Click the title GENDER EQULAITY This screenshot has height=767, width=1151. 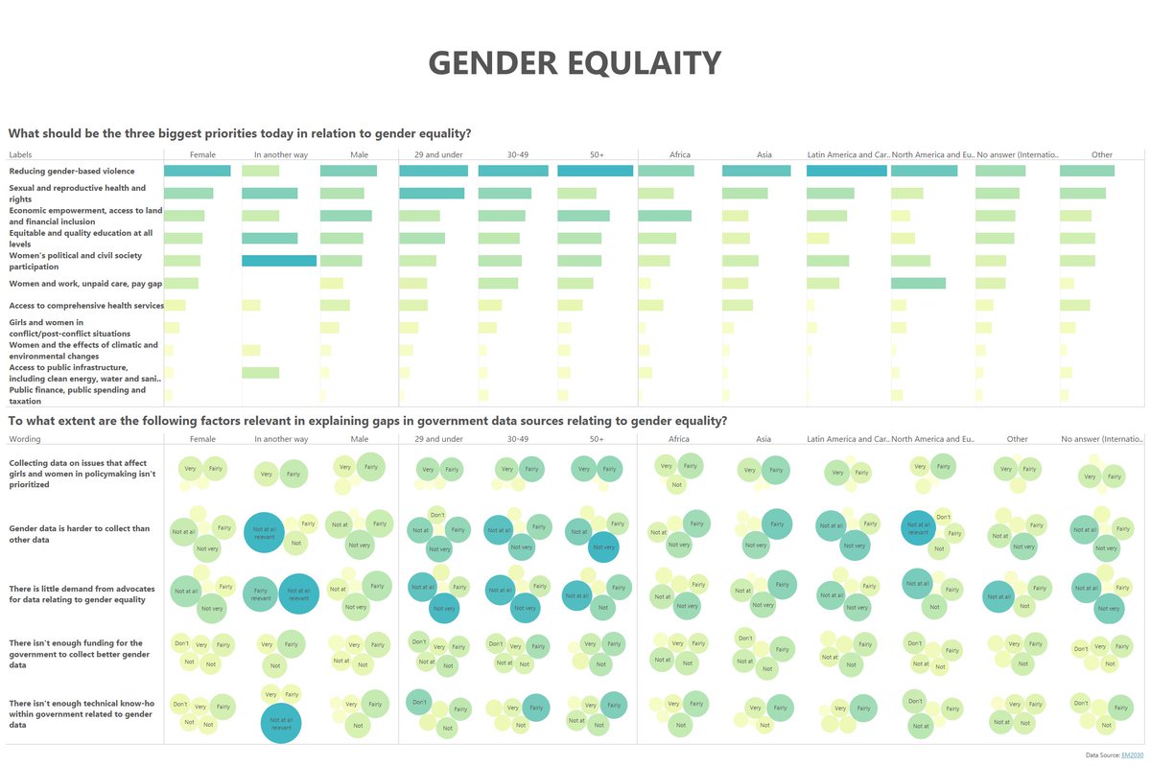click(575, 63)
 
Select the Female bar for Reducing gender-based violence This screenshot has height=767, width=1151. click(198, 171)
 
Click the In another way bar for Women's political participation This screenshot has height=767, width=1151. click(279, 261)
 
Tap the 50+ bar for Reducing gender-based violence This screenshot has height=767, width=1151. click(595, 171)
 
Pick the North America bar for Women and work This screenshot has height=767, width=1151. click(918, 283)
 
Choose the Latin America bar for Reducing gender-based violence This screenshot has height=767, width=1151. click(846, 171)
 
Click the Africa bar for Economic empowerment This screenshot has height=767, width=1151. click(664, 216)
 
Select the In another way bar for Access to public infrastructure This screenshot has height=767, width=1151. click(260, 373)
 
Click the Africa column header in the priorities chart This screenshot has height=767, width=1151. click(679, 154)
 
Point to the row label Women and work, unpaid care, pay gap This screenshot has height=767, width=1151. click(85, 284)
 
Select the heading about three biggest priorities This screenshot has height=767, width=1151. click(240, 133)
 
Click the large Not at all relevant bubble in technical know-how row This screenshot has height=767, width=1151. click(281, 723)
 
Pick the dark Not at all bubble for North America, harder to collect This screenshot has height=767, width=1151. click(918, 528)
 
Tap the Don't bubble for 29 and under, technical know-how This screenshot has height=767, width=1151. click(419, 703)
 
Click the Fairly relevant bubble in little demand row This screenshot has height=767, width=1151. click(261, 593)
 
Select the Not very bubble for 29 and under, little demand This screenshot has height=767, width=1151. click(443, 608)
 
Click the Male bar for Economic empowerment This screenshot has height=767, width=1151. click(345, 216)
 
